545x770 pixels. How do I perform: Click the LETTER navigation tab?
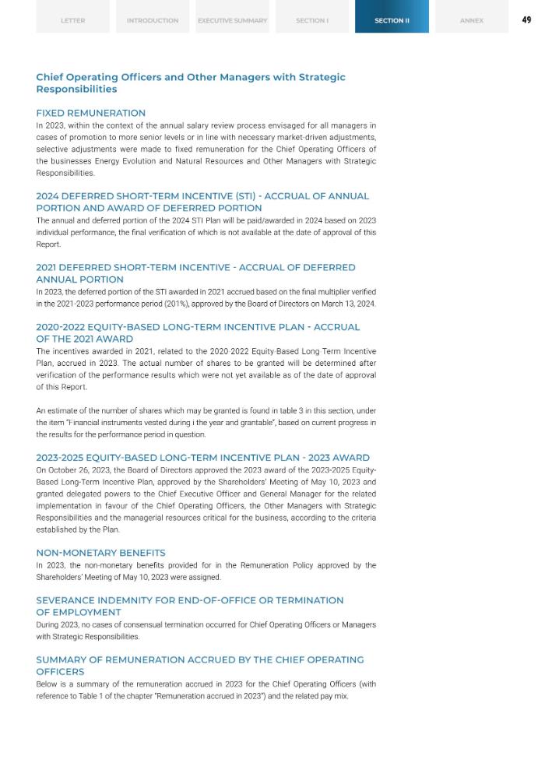coord(72,20)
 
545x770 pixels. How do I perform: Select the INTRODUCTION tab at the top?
coord(153,20)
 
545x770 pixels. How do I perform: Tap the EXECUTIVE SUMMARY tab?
coord(232,20)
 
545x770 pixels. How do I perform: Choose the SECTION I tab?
coord(312,20)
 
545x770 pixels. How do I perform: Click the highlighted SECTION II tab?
coord(392,20)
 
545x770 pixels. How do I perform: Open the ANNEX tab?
coord(472,20)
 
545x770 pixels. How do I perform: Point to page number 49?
coord(526,20)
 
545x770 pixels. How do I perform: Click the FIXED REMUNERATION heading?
coord(90,113)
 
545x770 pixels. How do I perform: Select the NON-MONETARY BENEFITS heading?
coord(100,553)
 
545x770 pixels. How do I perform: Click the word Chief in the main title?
coord(51,77)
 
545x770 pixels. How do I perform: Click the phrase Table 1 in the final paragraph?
coord(88,696)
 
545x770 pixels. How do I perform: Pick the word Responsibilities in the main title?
coord(76,89)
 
